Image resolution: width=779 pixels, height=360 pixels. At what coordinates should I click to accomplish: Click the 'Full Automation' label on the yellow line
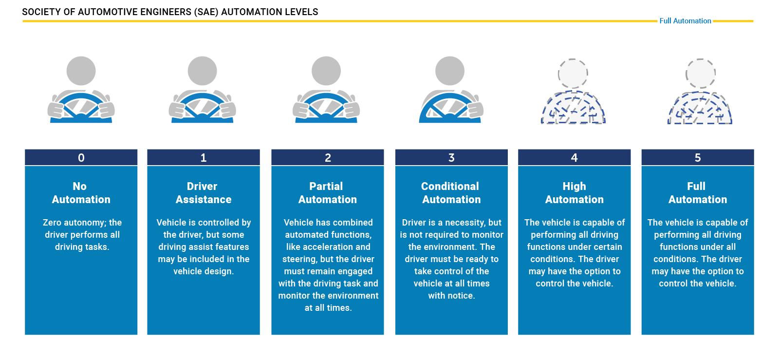pos(685,21)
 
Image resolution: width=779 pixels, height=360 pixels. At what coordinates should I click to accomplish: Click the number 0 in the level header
pos(81,157)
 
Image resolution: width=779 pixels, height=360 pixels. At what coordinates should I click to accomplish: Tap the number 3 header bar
pos(451,157)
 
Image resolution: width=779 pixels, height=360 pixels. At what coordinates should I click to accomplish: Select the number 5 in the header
pos(698,157)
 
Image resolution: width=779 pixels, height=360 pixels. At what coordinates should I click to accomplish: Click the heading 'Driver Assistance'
pos(203,193)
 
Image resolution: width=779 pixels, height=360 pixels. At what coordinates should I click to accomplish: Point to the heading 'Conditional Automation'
pos(451,193)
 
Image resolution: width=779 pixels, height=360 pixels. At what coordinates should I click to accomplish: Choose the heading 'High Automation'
pos(574,193)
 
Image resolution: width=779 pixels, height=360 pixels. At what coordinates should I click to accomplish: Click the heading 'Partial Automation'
pos(327,193)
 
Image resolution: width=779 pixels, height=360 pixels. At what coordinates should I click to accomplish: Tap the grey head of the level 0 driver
pos(81,71)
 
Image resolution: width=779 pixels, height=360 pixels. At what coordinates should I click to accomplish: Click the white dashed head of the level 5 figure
pos(700,74)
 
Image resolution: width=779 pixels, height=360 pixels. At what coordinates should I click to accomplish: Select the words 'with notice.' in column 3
pos(451,296)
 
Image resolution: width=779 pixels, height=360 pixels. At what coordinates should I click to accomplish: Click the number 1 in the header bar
pos(204,157)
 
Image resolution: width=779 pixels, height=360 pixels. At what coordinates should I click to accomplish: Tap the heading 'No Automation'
pos(81,193)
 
